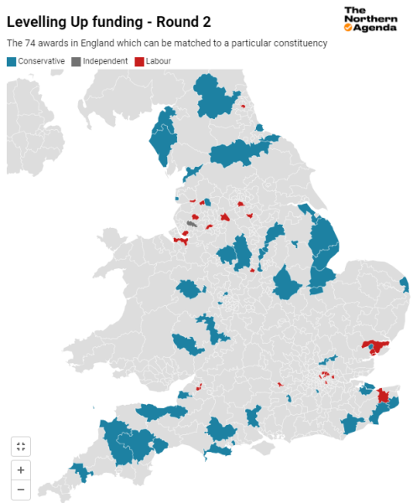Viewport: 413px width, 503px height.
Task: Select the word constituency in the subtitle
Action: pyautogui.click(x=301, y=42)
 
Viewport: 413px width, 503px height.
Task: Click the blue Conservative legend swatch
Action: pyautogui.click(x=11, y=61)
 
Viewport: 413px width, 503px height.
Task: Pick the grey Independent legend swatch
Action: pyautogui.click(x=76, y=61)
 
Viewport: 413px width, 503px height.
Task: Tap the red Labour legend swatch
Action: pyautogui.click(x=139, y=61)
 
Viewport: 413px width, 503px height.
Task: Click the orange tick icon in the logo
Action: pyautogui.click(x=348, y=27)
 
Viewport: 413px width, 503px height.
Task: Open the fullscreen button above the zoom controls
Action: pyautogui.click(x=21, y=446)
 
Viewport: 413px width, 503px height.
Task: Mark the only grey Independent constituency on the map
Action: pyautogui.click(x=191, y=224)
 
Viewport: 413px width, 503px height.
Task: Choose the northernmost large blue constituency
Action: pyautogui.click(x=216, y=97)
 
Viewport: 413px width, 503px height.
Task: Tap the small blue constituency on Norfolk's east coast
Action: pyautogui.click(x=405, y=285)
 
